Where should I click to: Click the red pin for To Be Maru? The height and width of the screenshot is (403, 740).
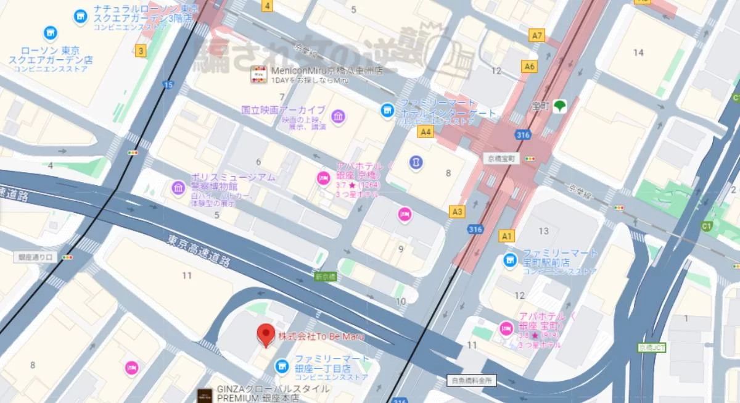pyautogui.click(x=266, y=334)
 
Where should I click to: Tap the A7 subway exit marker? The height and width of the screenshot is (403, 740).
pyautogui.click(x=538, y=36)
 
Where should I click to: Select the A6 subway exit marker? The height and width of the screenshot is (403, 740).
pyautogui.click(x=528, y=66)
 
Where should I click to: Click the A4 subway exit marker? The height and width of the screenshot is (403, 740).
pyautogui.click(x=425, y=131)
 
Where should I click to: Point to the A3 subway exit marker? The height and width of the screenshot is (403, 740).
pyautogui.click(x=457, y=212)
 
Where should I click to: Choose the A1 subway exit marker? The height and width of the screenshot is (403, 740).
pyautogui.click(x=507, y=236)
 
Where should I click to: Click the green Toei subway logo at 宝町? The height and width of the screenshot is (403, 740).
pyautogui.click(x=559, y=106)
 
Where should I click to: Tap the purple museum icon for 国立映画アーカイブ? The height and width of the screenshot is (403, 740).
pyautogui.click(x=338, y=116)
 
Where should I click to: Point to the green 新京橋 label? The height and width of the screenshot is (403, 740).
pyautogui.click(x=324, y=277)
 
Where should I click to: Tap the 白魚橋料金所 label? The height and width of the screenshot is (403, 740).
pyautogui.click(x=471, y=381)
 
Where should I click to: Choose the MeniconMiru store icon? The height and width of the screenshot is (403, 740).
pyautogui.click(x=258, y=75)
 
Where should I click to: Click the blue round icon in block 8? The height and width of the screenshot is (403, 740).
pyautogui.click(x=416, y=162)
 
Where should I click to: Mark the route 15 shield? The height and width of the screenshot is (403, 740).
pyautogui.click(x=169, y=85)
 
